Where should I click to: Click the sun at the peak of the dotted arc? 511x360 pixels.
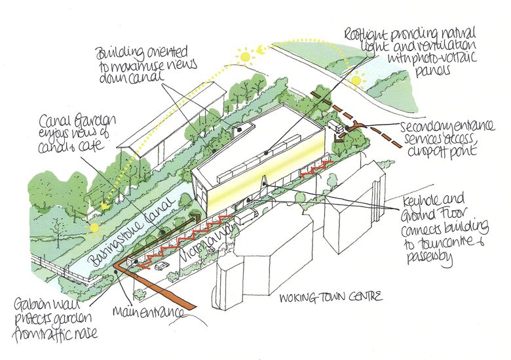246,57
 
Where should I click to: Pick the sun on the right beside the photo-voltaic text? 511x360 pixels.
356,81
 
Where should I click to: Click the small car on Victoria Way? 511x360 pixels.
161,266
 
